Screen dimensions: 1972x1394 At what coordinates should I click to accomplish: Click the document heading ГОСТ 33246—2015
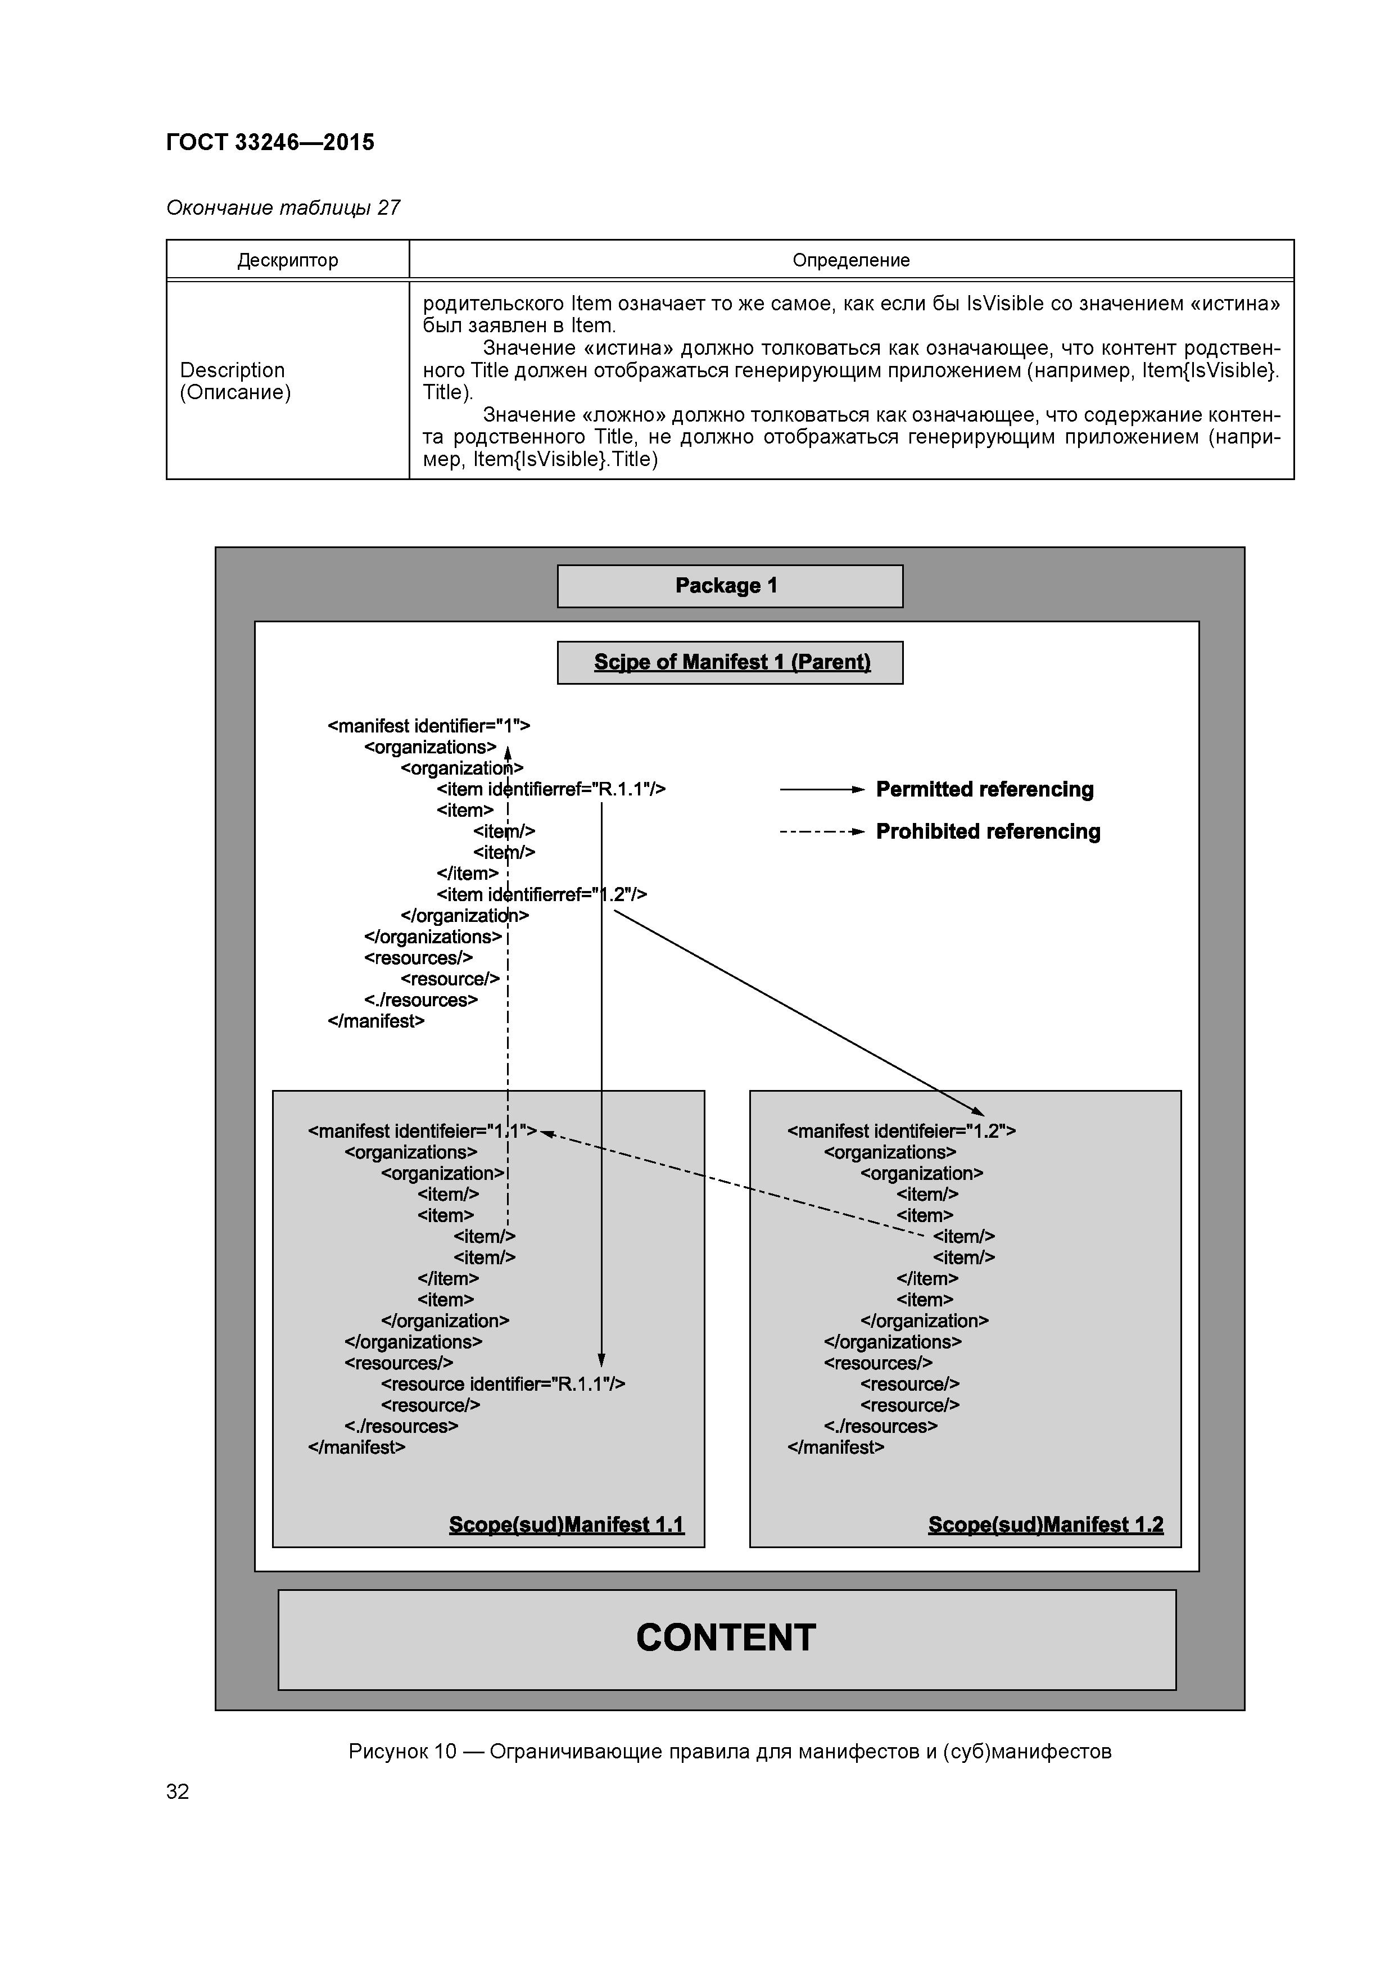click(x=270, y=143)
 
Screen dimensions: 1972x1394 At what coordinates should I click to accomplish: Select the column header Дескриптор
click(x=288, y=260)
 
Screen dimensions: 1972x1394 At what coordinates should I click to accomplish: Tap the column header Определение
click(x=850, y=260)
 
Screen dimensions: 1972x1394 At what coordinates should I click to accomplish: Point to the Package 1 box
click(x=729, y=586)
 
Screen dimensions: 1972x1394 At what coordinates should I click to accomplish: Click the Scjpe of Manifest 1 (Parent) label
click(x=732, y=662)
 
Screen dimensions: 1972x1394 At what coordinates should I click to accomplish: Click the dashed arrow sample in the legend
click(x=820, y=833)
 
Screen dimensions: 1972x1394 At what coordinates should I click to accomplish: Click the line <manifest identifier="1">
click(x=428, y=727)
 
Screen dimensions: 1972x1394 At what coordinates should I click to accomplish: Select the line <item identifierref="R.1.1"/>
click(x=550, y=789)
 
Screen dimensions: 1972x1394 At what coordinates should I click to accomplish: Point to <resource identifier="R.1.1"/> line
click(x=503, y=1385)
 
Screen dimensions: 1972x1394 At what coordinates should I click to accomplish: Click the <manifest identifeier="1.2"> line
click(x=901, y=1131)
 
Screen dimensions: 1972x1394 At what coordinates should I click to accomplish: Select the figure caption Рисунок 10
click(x=729, y=1751)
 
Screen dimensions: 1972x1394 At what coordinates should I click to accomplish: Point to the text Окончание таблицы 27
click(x=283, y=208)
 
